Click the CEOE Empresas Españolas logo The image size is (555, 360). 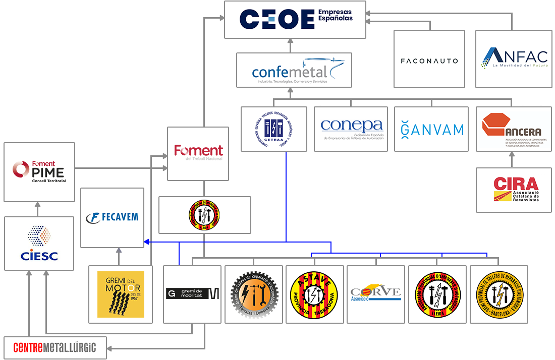[x=295, y=19]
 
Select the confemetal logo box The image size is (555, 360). [x=294, y=70]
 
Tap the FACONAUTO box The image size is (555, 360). [x=429, y=61]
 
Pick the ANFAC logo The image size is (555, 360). [x=512, y=58]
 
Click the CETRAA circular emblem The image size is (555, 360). [x=274, y=129]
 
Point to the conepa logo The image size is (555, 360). [x=351, y=129]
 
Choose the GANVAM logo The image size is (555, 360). [x=431, y=129]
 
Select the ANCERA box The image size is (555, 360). [x=514, y=129]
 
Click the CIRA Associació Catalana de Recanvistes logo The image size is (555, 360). [x=514, y=189]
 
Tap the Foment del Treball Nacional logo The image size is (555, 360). [x=198, y=153]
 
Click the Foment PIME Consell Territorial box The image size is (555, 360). [x=39, y=171]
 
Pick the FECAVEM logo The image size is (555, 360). [x=112, y=217]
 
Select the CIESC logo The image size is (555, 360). [x=39, y=243]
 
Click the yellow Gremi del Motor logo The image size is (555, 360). [x=120, y=294]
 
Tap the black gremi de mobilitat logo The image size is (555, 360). [x=192, y=294]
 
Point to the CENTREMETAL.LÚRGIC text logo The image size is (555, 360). [x=55, y=347]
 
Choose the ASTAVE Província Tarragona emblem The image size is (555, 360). [x=315, y=294]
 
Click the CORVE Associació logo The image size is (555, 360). [x=376, y=293]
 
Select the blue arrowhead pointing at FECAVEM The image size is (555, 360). [x=146, y=243]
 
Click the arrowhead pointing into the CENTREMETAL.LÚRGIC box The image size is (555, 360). [x=110, y=348]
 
